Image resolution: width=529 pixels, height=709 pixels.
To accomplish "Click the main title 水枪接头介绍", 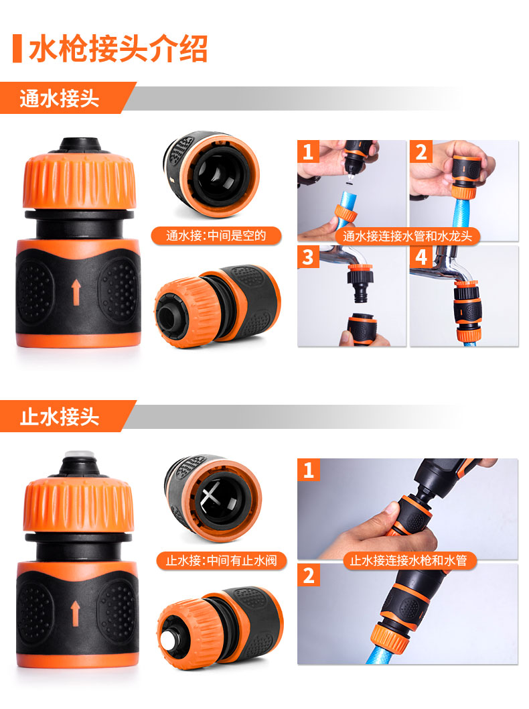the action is click(x=119, y=48).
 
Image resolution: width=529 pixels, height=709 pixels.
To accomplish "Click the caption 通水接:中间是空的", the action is click(x=216, y=236).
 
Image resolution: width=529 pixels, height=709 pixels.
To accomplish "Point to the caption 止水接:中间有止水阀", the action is click(x=222, y=561).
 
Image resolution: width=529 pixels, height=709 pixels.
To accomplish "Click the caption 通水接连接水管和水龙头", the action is click(x=408, y=236).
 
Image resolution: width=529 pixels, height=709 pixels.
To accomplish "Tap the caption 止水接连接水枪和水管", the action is click(x=408, y=561).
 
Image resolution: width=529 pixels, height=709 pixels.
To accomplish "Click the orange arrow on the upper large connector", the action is click(x=76, y=292).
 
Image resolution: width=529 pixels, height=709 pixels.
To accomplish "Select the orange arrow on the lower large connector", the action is click(x=76, y=613).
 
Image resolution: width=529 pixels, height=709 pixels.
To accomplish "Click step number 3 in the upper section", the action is click(x=308, y=257).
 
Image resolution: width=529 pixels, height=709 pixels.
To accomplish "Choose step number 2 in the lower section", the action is click(x=309, y=575).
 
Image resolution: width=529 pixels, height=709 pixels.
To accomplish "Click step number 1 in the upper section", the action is click(x=308, y=151).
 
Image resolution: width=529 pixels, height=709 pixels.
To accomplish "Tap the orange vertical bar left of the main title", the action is click(x=17, y=48).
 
